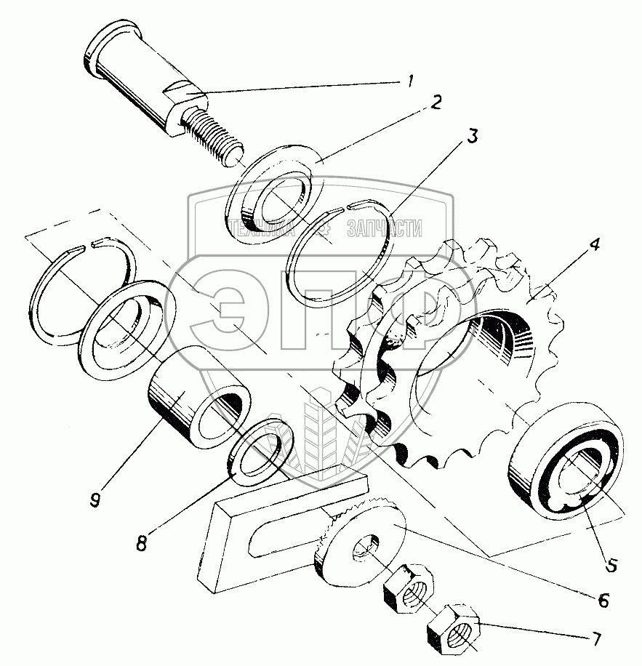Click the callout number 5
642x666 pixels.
click(x=610, y=564)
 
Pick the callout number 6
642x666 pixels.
click(x=602, y=601)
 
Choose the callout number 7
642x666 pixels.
click(x=596, y=640)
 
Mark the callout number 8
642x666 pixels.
click(x=142, y=543)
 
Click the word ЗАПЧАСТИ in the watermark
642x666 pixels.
click(x=383, y=229)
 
